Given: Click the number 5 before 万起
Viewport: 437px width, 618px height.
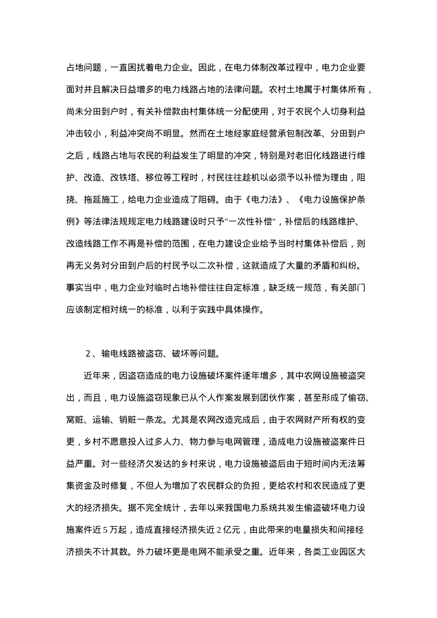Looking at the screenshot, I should (x=105, y=530).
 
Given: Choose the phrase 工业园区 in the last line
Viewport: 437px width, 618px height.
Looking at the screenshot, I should (x=339, y=552).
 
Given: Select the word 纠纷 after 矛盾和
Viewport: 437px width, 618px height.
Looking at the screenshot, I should (x=353, y=266).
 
